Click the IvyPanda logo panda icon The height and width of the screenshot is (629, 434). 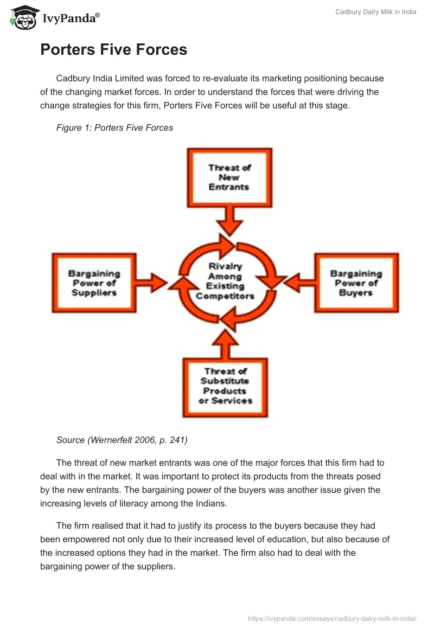pos(23,17)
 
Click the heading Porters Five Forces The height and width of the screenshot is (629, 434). pos(113,49)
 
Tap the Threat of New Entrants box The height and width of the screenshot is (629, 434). pos(229,177)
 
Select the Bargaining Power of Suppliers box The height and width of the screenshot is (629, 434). pos(94,283)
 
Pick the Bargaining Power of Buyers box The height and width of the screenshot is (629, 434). pos(356,283)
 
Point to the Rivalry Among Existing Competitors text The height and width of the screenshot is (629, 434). pos(225,281)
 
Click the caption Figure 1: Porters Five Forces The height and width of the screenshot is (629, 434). pos(114,128)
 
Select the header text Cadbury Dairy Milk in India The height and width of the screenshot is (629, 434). pos(375,12)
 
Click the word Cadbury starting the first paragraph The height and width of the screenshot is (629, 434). pos(73,79)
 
